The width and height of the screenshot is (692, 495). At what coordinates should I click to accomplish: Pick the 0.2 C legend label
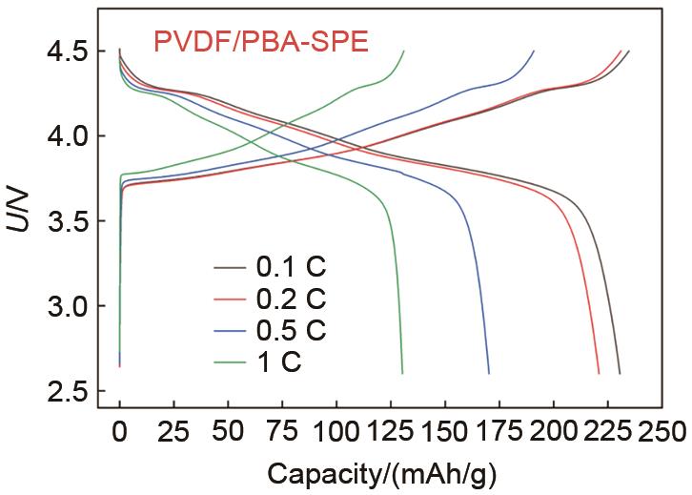coord(292,299)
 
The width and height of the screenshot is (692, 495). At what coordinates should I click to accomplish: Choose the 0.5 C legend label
coord(292,331)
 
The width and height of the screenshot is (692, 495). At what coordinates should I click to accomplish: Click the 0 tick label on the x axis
coord(119,433)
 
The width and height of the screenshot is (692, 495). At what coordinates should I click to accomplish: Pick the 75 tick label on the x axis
coord(281,433)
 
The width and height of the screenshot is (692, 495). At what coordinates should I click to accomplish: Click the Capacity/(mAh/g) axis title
coord(382,474)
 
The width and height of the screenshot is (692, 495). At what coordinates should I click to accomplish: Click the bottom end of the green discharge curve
coord(402,373)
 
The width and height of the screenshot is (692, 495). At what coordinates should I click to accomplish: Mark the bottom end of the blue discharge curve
coord(489,373)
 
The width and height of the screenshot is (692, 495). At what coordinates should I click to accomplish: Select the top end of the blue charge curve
coord(534,51)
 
